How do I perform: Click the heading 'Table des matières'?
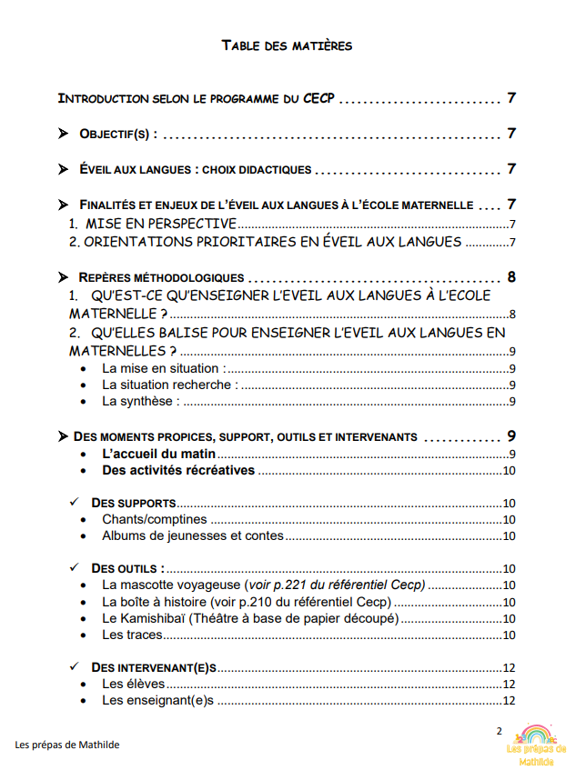tap(287, 45)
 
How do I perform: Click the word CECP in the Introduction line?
tap(318, 98)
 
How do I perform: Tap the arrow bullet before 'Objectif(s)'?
tap(63, 134)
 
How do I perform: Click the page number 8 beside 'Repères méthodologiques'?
tap(512, 277)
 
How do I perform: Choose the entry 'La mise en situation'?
tap(161, 368)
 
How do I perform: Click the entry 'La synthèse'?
tap(140, 401)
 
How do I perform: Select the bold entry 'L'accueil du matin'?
tap(157, 454)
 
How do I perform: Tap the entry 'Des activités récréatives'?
tap(177, 471)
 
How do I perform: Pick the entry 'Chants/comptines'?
tap(154, 519)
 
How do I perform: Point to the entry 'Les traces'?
tap(132, 635)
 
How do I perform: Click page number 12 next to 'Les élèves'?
tap(510, 685)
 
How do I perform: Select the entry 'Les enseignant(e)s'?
tap(157, 700)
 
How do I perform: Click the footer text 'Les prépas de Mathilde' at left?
tap(67, 745)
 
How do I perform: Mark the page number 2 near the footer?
tap(498, 731)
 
